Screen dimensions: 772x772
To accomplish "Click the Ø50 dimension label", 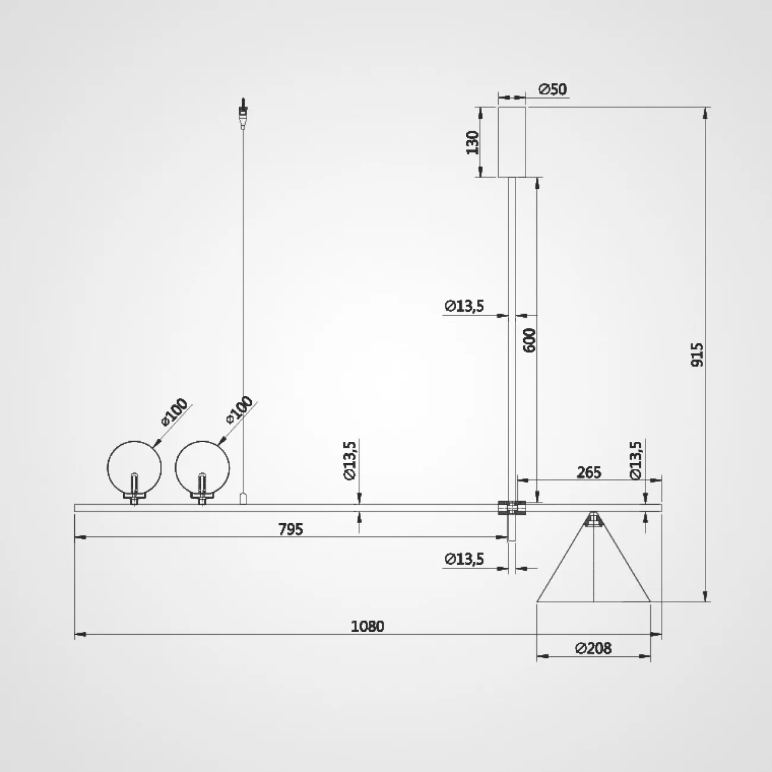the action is (x=553, y=89).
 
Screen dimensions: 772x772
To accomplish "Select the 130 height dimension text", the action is (x=473, y=142).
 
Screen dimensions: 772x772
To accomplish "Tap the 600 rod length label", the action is (x=530, y=340).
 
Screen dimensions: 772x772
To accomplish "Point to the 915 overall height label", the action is (x=697, y=355).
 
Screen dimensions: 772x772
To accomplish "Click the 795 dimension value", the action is (x=291, y=530).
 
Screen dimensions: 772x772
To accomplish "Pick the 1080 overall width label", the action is (x=368, y=626).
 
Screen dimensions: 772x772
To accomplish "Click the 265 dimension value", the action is (x=589, y=473).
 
